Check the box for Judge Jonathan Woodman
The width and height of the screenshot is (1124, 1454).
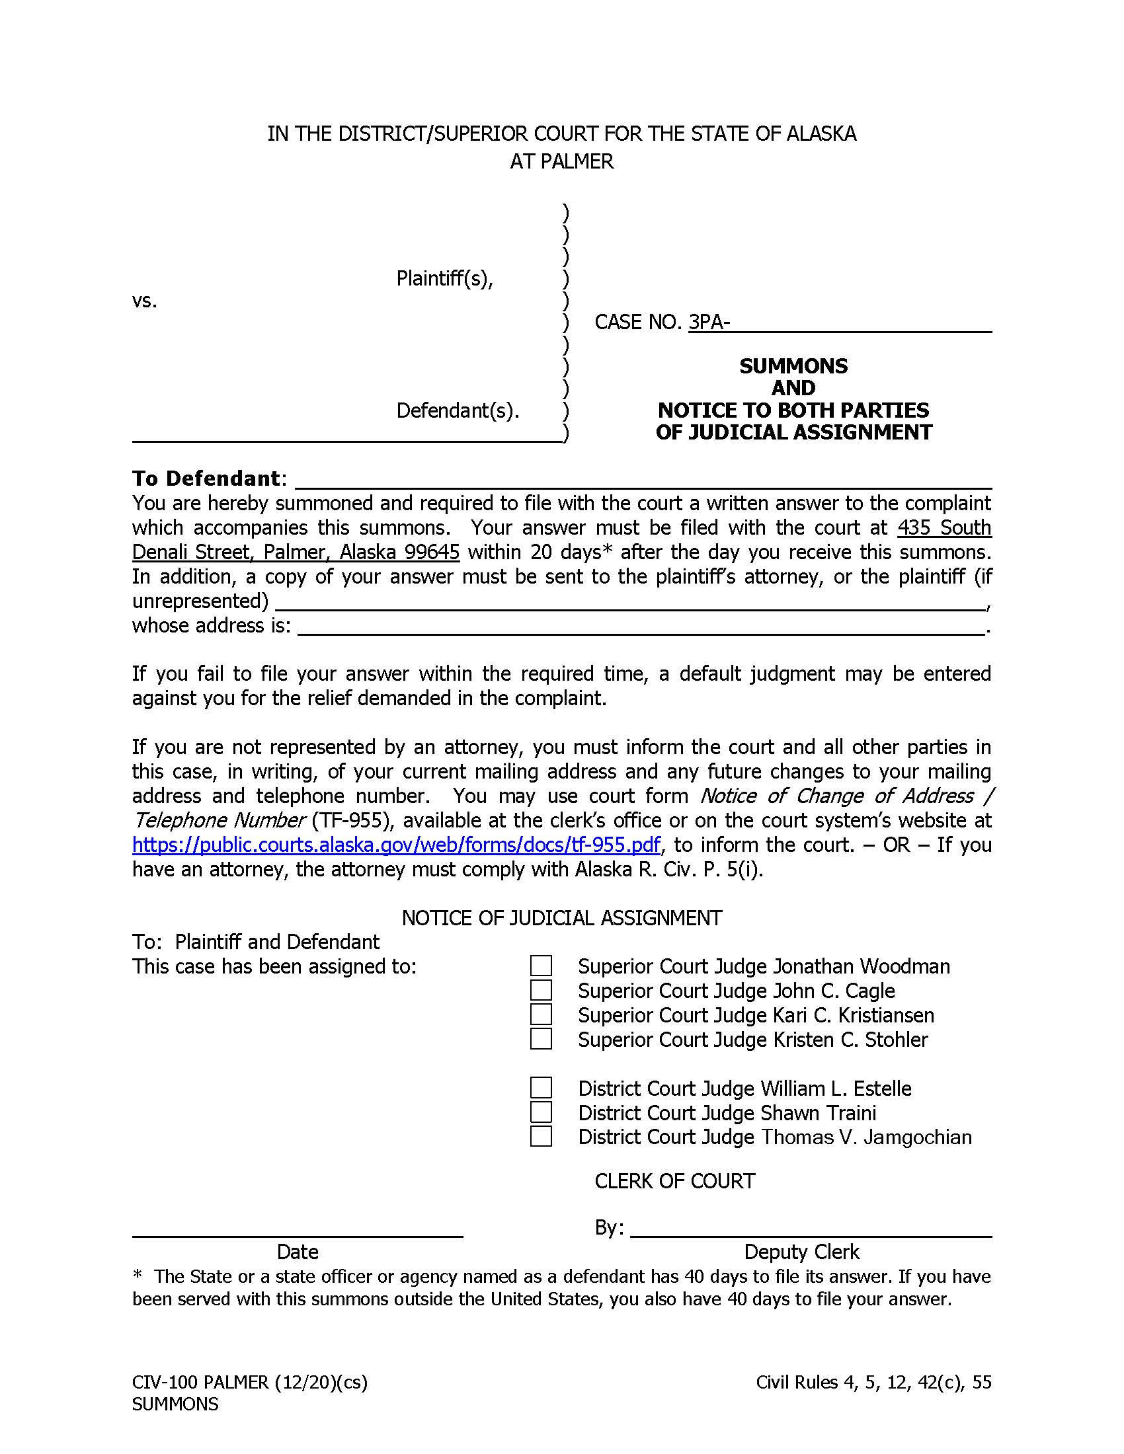click(x=541, y=966)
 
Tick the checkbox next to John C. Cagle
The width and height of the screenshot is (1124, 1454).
click(x=541, y=991)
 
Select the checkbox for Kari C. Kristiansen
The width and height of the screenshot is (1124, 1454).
click(x=541, y=1014)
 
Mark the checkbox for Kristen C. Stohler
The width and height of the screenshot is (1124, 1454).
click(x=541, y=1039)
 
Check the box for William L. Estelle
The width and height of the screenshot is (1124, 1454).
click(x=541, y=1088)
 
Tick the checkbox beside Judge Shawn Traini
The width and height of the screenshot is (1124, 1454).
click(x=541, y=1112)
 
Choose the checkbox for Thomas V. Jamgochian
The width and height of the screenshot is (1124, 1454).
click(x=541, y=1137)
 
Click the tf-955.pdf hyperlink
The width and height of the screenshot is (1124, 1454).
click(x=396, y=845)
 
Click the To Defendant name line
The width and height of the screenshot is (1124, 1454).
click(x=643, y=479)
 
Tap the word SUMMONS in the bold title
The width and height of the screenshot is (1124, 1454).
click(x=793, y=366)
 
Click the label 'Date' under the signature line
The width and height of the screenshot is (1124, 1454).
click(x=297, y=1252)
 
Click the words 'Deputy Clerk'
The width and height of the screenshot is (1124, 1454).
click(x=801, y=1252)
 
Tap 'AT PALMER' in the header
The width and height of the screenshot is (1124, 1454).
click(x=561, y=161)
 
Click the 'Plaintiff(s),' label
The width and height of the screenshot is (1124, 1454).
click(x=444, y=278)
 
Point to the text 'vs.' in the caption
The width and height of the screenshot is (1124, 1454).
click(x=145, y=301)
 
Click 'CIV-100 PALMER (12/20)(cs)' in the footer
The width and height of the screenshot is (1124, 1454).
click(x=250, y=1383)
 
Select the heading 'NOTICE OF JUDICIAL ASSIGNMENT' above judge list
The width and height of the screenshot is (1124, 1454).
click(x=561, y=918)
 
